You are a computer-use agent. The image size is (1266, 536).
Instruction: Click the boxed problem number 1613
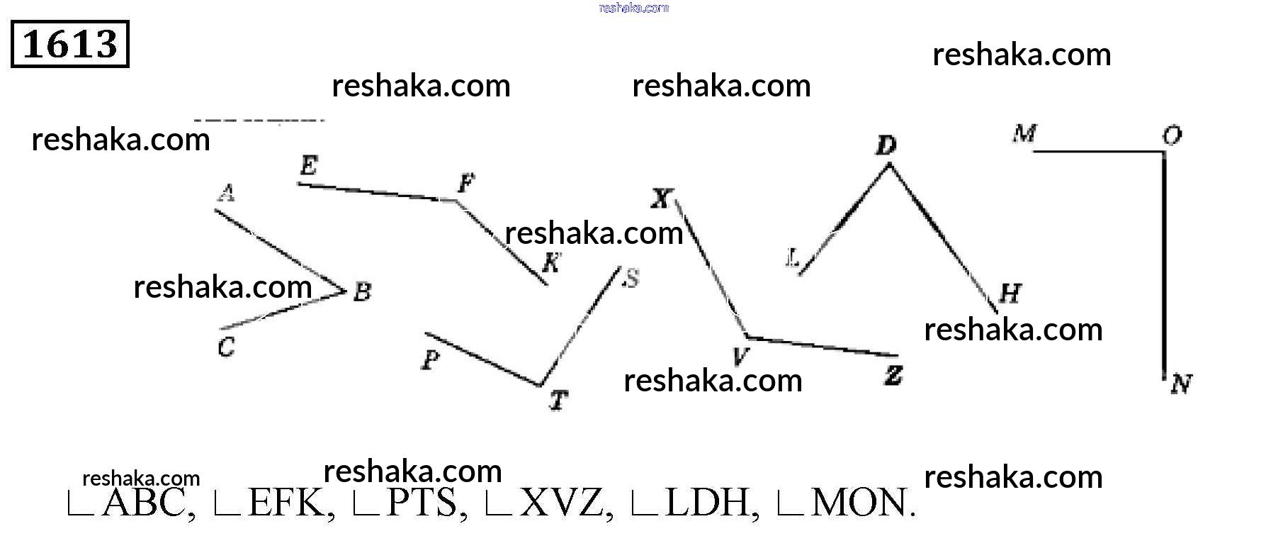70,44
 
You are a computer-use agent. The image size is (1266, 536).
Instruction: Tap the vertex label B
362,291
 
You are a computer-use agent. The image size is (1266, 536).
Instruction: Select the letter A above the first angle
226,193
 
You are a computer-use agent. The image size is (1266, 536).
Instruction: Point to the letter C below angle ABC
226,347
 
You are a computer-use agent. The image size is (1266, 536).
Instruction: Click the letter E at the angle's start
308,166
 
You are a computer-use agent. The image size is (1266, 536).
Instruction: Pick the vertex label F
465,184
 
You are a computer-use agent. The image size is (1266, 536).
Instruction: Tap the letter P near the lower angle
430,360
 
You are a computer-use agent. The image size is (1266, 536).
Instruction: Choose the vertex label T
558,401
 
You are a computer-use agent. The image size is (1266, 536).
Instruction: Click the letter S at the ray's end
630,279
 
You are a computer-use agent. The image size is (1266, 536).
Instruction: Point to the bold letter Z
893,375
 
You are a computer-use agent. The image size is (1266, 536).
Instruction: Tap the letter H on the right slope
1010,293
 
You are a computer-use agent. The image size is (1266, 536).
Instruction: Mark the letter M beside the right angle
1024,133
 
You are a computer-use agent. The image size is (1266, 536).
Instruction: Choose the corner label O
1172,135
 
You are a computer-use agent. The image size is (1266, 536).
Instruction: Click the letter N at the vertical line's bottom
1181,384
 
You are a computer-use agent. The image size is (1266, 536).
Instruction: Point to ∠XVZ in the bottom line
546,503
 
